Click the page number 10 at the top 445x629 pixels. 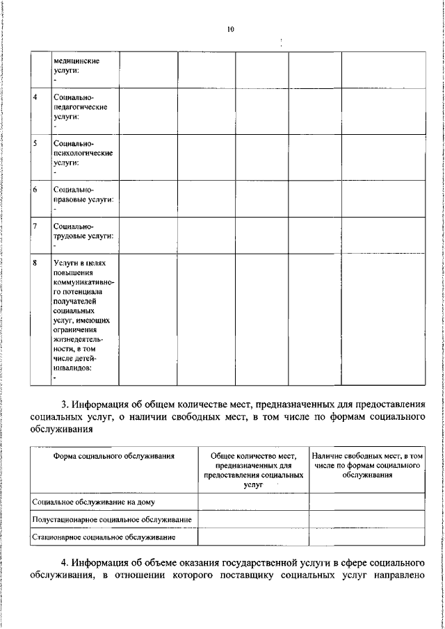click(x=230, y=28)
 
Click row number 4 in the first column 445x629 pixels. click(x=35, y=97)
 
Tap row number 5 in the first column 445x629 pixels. click(x=35, y=142)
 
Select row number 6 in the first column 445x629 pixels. click(x=35, y=188)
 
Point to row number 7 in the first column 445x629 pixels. click(x=35, y=226)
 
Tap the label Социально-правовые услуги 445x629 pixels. click(x=82, y=194)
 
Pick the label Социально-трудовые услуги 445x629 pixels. click(x=82, y=231)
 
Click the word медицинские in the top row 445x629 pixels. click(x=76, y=60)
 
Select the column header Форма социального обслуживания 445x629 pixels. click(x=113, y=456)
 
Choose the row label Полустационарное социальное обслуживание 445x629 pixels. click(x=112, y=519)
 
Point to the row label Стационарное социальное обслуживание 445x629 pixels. click(x=104, y=537)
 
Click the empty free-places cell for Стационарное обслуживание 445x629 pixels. click(x=366, y=537)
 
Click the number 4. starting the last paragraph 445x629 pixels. click(x=65, y=562)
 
